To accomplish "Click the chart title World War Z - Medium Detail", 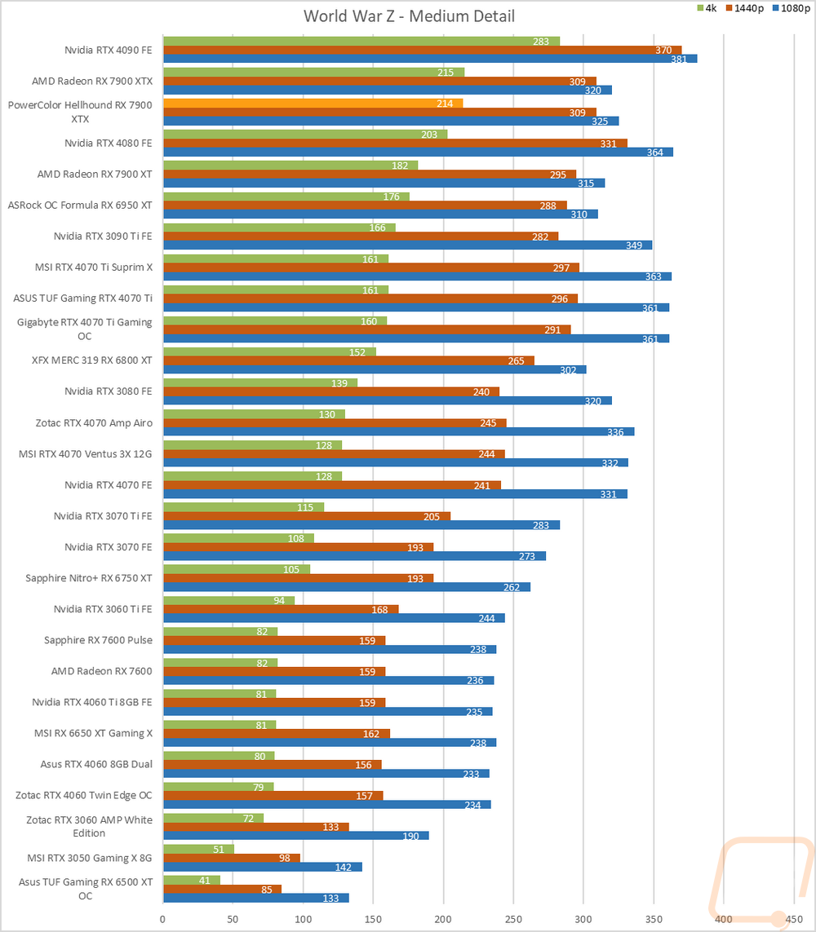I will (x=409, y=16).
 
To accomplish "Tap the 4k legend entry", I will (x=707, y=8).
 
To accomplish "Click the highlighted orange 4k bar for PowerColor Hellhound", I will (x=313, y=103).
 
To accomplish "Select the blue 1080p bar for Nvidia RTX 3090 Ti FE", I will (x=407, y=245).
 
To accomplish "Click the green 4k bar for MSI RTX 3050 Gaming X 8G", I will (x=198, y=849).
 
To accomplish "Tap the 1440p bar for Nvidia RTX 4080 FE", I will (x=395, y=144).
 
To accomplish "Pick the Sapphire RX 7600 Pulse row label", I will (x=98, y=639).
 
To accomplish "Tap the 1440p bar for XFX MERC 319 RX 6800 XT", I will (x=348, y=360).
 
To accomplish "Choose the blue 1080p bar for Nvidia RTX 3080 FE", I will (x=387, y=400).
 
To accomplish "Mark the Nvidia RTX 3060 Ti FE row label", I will (x=103, y=608).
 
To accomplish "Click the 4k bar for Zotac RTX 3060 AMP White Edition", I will (x=213, y=818).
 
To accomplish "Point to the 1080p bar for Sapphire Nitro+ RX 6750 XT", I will (x=346, y=586).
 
